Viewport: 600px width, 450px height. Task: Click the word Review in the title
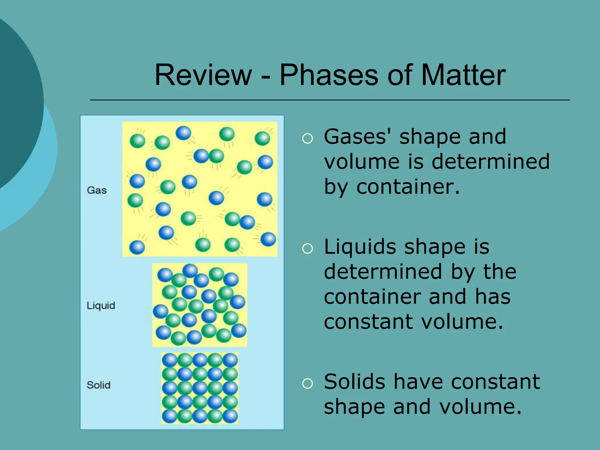[x=203, y=75]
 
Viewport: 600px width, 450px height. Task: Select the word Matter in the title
[x=463, y=75]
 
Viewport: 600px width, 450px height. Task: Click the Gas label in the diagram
[x=97, y=190]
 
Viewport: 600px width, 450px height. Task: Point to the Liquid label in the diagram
[x=101, y=306]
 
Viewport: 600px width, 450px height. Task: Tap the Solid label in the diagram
[x=98, y=385]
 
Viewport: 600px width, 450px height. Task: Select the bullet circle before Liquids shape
[x=307, y=249]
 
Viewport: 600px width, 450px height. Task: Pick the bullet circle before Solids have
[x=307, y=383]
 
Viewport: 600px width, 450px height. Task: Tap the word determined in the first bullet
[x=490, y=162]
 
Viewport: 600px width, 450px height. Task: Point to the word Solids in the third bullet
[x=354, y=382]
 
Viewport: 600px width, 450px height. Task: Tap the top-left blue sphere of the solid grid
[x=170, y=360]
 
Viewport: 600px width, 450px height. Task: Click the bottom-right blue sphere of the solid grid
[x=230, y=416]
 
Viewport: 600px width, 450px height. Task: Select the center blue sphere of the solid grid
[x=200, y=388]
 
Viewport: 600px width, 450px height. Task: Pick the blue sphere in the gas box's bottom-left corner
[x=137, y=247]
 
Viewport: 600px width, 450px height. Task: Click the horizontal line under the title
[x=330, y=100]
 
